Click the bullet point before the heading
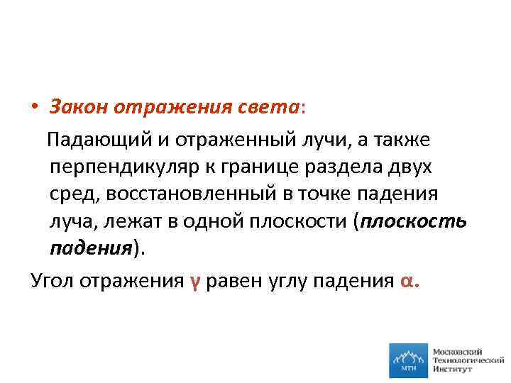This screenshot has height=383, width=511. (35, 109)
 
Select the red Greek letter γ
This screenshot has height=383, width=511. (194, 281)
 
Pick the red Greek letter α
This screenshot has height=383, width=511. (405, 281)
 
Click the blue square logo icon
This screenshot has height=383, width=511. (408, 361)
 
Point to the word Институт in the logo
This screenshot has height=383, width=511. (454, 371)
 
